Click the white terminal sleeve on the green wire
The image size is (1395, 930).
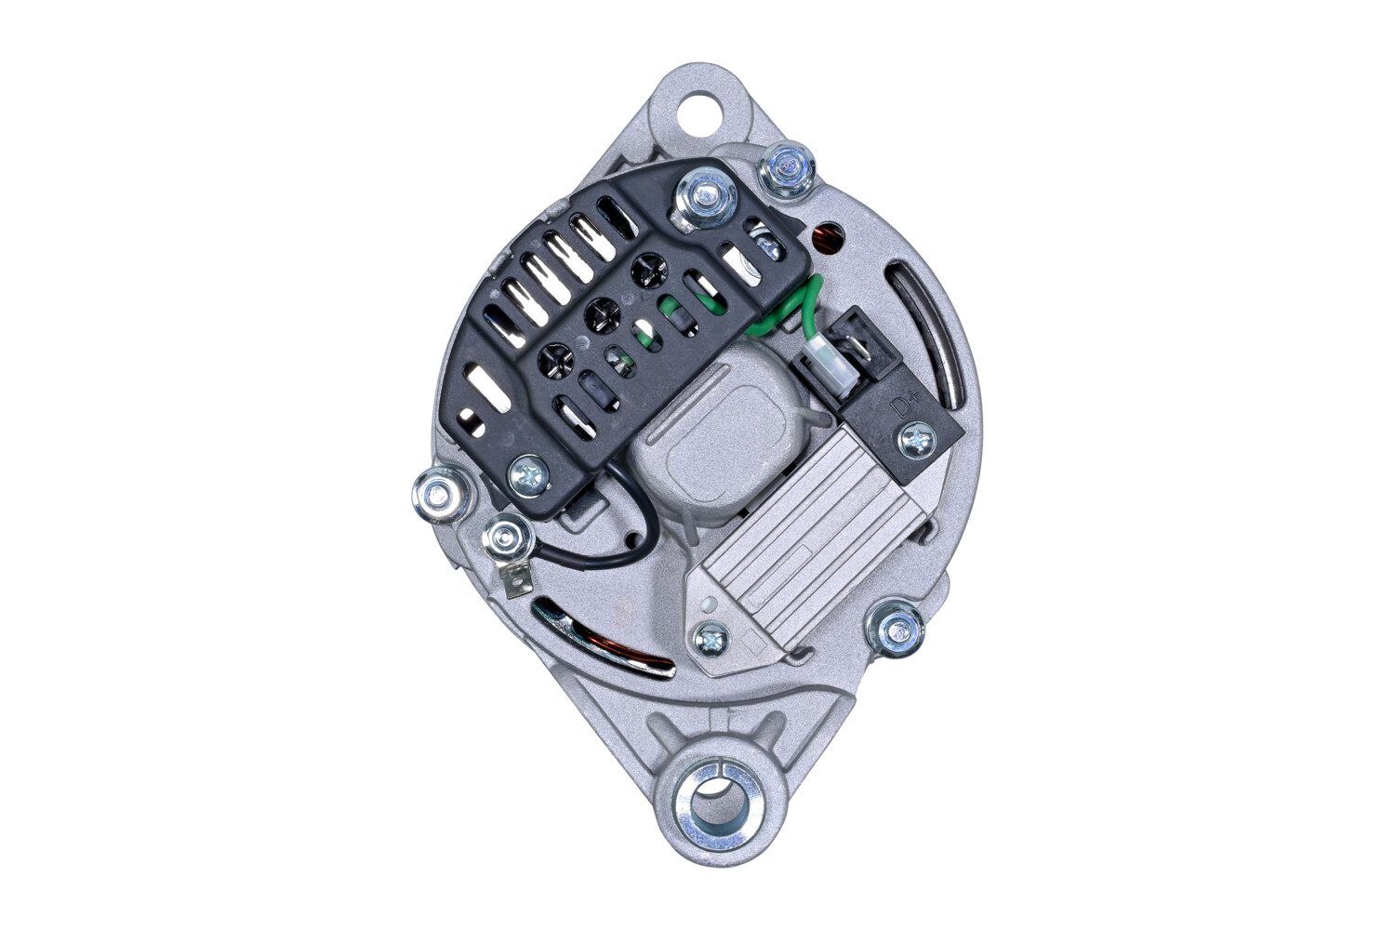click(821, 357)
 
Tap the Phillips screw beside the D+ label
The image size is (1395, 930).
click(918, 440)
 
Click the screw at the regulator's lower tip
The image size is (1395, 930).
click(711, 639)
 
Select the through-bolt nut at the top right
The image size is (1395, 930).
click(788, 170)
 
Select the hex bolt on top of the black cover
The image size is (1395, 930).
click(706, 196)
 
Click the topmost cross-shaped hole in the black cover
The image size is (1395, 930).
click(648, 272)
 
